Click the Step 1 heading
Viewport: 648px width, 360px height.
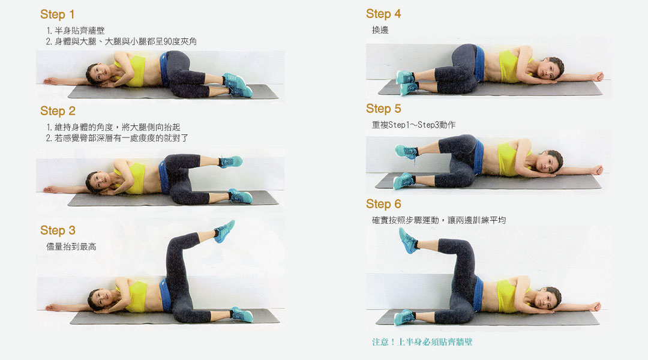click(58, 14)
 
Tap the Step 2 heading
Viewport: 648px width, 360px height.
click(58, 111)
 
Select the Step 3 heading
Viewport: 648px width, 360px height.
click(58, 230)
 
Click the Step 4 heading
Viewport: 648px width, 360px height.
click(383, 14)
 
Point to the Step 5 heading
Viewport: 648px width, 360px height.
click(383, 109)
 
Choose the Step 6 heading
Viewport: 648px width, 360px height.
click(383, 204)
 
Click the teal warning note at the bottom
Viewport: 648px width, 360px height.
click(422, 342)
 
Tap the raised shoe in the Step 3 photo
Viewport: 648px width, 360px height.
click(224, 231)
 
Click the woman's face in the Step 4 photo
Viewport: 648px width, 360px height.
click(550, 69)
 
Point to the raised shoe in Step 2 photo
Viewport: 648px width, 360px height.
click(230, 161)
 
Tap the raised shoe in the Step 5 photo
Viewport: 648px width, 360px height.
click(406, 152)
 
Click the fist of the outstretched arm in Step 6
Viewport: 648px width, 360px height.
click(596, 306)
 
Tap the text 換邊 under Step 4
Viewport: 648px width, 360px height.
click(380, 30)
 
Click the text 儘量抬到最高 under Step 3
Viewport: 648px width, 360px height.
click(71, 247)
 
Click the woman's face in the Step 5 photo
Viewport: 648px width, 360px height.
click(549, 163)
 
